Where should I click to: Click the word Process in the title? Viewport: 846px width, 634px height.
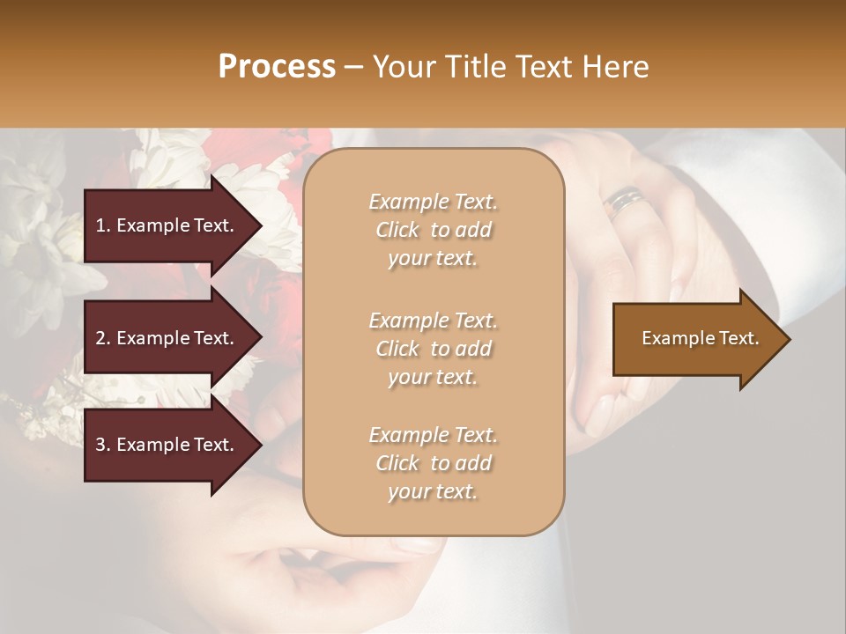click(x=277, y=67)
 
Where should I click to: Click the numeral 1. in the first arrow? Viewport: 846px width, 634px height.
click(x=103, y=225)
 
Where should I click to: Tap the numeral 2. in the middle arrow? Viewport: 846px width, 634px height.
click(x=103, y=338)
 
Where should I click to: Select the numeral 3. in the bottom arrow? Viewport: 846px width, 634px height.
click(x=103, y=445)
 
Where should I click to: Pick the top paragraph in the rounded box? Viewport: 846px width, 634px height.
click(x=433, y=230)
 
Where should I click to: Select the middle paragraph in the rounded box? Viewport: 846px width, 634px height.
click(x=433, y=349)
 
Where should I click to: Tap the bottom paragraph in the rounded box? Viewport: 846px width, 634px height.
click(x=433, y=463)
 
